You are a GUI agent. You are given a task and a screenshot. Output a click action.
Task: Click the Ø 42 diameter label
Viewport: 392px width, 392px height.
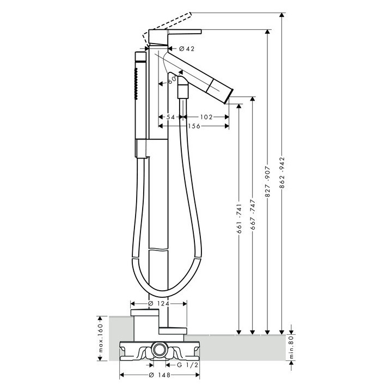pos(187,49)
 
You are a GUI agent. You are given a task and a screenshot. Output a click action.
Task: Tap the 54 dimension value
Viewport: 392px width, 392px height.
pos(170,117)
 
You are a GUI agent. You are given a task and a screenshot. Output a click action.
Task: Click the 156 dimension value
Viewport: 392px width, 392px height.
pos(193,126)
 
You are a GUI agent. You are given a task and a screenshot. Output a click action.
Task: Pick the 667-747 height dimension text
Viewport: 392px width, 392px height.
pos(252,215)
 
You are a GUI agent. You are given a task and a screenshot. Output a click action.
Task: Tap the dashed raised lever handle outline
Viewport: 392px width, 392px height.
pos(169,23)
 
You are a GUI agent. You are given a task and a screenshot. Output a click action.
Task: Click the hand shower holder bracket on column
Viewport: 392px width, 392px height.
pos(142,148)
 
